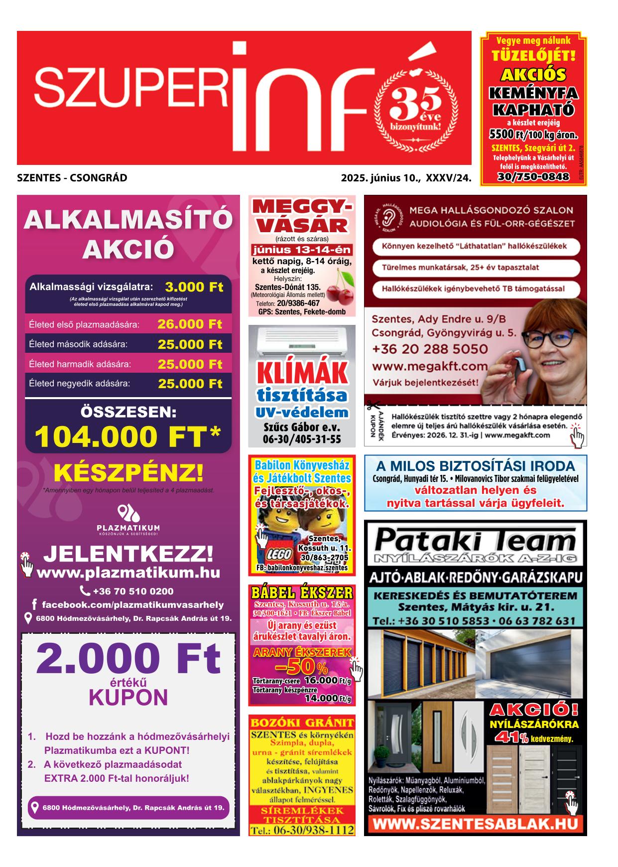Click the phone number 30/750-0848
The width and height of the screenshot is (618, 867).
533,177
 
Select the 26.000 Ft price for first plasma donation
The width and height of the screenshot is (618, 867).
190,324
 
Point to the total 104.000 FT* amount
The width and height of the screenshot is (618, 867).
127,437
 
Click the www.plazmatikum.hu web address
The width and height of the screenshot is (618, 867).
128,573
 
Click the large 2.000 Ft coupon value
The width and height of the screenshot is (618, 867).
128,659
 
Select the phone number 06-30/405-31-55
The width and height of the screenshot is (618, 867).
302,439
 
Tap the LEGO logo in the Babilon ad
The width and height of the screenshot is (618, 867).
275,555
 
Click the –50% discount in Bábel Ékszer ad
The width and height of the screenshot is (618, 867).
301,666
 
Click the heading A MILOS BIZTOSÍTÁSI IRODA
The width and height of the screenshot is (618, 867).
475,466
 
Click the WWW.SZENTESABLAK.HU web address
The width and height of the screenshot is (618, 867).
475,824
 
